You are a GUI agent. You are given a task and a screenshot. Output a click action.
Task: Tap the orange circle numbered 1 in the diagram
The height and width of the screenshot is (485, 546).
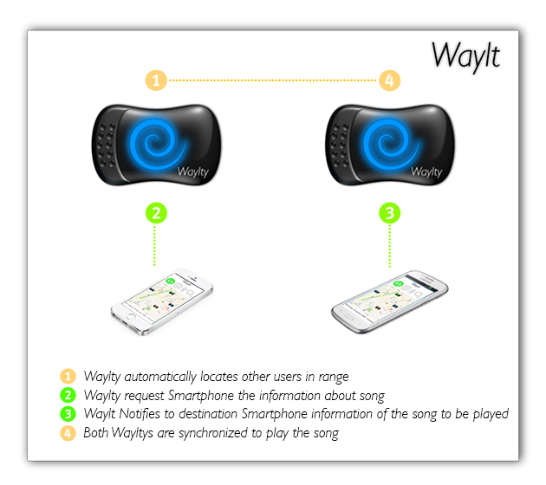coord(156,81)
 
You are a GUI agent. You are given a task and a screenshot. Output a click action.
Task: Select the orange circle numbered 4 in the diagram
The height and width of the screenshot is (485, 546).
coord(390,81)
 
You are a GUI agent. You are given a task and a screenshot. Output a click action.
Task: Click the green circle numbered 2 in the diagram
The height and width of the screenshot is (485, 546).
coord(156,212)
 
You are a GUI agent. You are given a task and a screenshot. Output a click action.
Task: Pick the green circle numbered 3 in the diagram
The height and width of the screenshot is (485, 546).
coord(390,212)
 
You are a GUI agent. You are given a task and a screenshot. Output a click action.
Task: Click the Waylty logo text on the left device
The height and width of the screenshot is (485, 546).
coord(195,172)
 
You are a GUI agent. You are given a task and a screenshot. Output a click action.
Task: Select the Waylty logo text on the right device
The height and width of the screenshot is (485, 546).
coord(427,172)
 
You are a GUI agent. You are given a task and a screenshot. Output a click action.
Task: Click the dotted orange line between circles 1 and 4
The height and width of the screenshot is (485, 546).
coord(273,81)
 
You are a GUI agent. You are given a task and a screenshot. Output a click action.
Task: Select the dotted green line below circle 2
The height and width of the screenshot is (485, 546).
coord(156,247)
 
